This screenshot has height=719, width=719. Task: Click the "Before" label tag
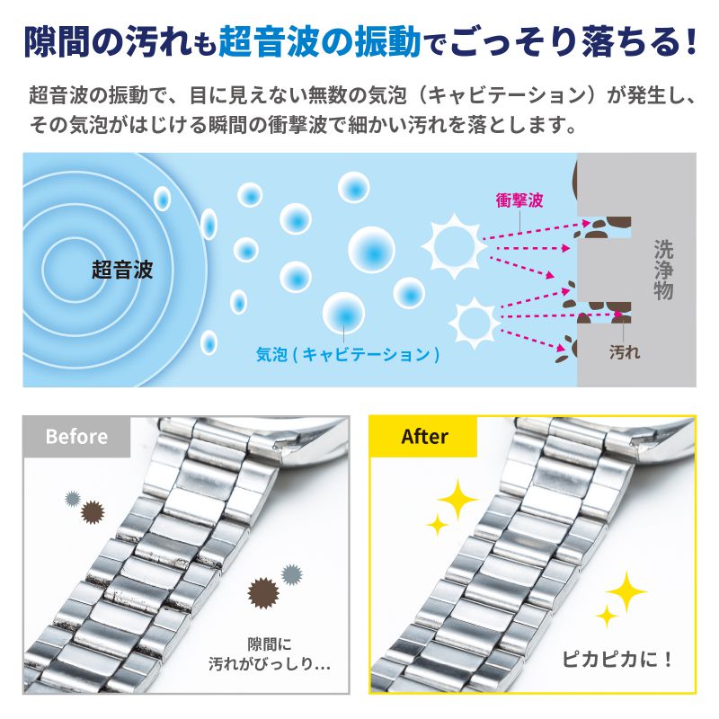[x=76, y=437]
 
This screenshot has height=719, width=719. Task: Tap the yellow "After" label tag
[x=424, y=437]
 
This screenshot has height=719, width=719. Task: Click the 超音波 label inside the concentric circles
[x=122, y=270]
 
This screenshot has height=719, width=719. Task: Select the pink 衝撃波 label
[x=519, y=200]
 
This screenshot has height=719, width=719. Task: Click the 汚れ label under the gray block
[x=625, y=352]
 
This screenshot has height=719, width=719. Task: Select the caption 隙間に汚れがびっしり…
[x=282, y=654]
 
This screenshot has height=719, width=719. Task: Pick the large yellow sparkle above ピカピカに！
[x=626, y=592]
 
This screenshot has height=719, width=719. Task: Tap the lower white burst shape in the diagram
[x=471, y=319]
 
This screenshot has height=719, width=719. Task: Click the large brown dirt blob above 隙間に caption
[x=262, y=592]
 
